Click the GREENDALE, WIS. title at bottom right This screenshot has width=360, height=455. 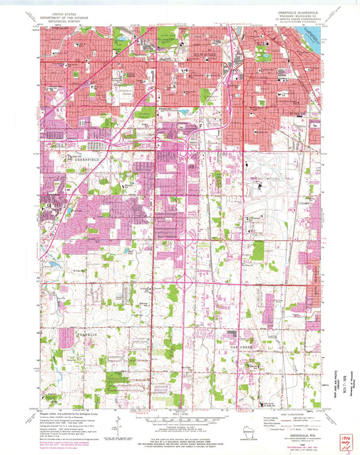pos(300,435)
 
